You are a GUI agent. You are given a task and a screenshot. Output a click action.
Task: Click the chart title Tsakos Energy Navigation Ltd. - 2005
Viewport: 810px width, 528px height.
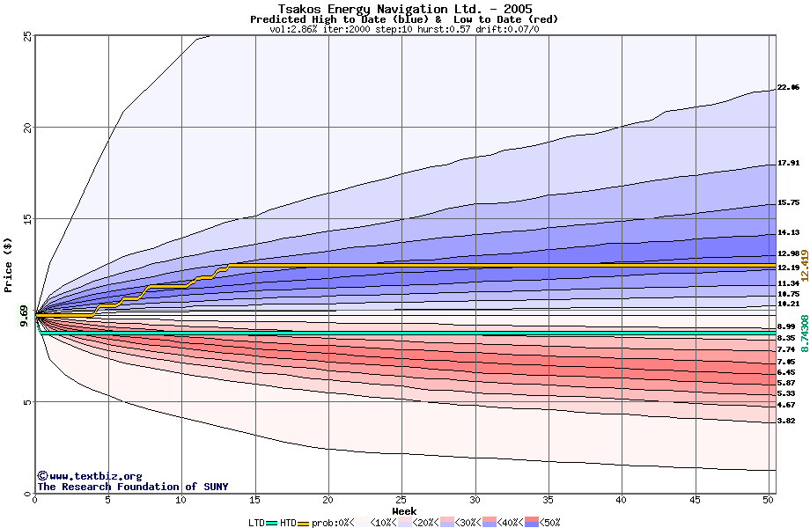(x=405, y=9)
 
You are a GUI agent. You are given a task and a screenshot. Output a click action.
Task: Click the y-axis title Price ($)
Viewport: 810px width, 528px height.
(x=8, y=265)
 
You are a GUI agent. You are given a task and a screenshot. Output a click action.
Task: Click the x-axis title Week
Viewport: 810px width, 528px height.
(x=404, y=511)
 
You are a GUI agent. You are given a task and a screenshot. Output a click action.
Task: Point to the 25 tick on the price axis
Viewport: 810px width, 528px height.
(x=27, y=36)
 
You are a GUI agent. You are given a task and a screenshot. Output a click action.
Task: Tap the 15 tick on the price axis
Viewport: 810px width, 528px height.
(x=27, y=219)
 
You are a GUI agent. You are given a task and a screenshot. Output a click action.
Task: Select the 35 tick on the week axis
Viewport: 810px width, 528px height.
(x=549, y=500)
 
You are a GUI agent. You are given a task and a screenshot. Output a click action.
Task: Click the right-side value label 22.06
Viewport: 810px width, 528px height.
(x=788, y=88)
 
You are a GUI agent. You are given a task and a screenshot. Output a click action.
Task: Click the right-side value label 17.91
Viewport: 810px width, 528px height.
(x=788, y=164)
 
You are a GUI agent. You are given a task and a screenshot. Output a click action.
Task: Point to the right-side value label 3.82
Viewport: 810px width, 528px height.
(x=785, y=422)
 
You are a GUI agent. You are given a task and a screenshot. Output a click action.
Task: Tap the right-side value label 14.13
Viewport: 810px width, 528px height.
(x=788, y=233)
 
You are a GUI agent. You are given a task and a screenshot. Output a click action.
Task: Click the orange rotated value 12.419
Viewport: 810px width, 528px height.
(x=804, y=264)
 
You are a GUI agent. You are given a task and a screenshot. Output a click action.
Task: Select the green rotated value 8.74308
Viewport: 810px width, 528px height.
(x=804, y=334)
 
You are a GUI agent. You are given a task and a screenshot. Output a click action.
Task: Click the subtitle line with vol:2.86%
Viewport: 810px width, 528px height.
(x=404, y=29)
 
